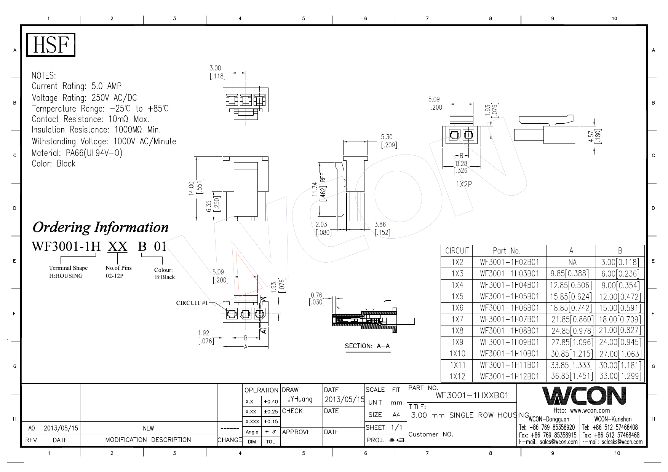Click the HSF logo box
51,45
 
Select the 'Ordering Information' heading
101,227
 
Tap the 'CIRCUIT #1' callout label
192,303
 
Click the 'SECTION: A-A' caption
367,346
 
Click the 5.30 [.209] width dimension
389,140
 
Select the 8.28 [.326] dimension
461,167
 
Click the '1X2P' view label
464,184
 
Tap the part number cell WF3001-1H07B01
509,319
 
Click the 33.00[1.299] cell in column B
620,376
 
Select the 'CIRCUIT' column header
457,251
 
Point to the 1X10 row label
457,353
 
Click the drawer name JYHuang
300,399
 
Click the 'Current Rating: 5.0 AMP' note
77,86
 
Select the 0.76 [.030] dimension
316,298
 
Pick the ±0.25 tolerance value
270,411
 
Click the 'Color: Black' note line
54,164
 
